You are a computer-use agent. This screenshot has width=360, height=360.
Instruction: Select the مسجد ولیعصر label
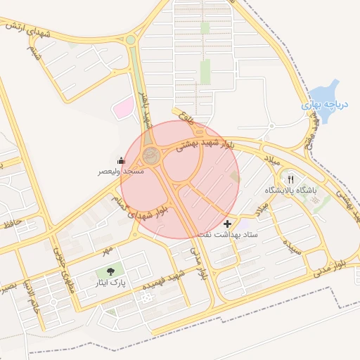pyautogui.click(x=122, y=171)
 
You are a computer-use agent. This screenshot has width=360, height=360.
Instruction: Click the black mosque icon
pyautogui.click(x=122, y=160)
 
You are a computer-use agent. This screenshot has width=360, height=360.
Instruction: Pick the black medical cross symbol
pyautogui.click(x=227, y=224)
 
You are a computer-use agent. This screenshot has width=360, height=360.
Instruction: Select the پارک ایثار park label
pyautogui.click(x=111, y=283)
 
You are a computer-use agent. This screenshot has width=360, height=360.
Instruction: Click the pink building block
pyautogui.click(x=124, y=108)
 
